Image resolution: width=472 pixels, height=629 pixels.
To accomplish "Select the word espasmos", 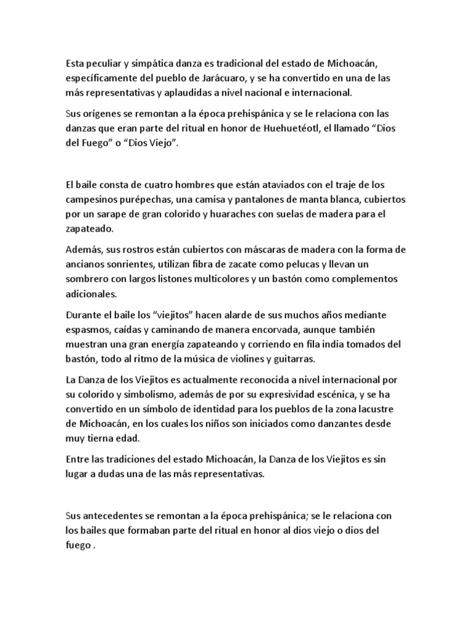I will tap(87, 329).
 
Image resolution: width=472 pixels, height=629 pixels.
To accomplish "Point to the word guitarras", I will tap(364, 359).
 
